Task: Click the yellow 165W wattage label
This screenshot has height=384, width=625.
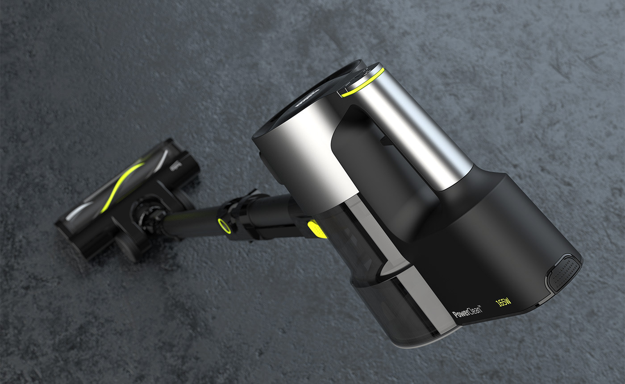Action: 503,303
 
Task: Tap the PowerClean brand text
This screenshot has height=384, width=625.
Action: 466,311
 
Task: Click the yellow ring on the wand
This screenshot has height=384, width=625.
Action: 223,225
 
